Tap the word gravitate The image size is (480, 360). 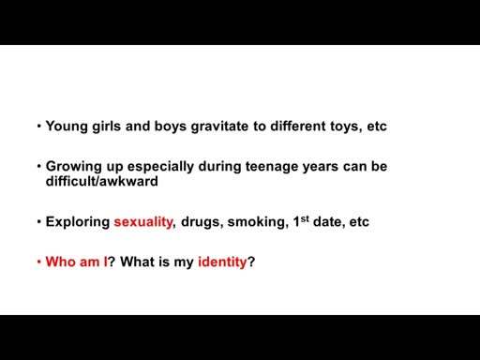tap(219, 127)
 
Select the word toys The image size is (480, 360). tap(342, 127)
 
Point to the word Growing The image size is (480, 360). tap(74, 167)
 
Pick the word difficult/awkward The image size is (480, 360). tap(102, 181)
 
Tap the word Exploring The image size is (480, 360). tap(78, 222)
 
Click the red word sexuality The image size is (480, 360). tap(143, 222)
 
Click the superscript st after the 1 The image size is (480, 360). tap(305, 218)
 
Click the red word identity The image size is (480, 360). tap(222, 262)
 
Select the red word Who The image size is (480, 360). tap(61, 262)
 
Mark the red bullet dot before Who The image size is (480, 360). tap(39, 262)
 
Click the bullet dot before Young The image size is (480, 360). tap(39, 127)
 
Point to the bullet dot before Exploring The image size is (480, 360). tap(39, 222)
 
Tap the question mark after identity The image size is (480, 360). tap(251, 262)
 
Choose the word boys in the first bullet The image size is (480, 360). tap(171, 127)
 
